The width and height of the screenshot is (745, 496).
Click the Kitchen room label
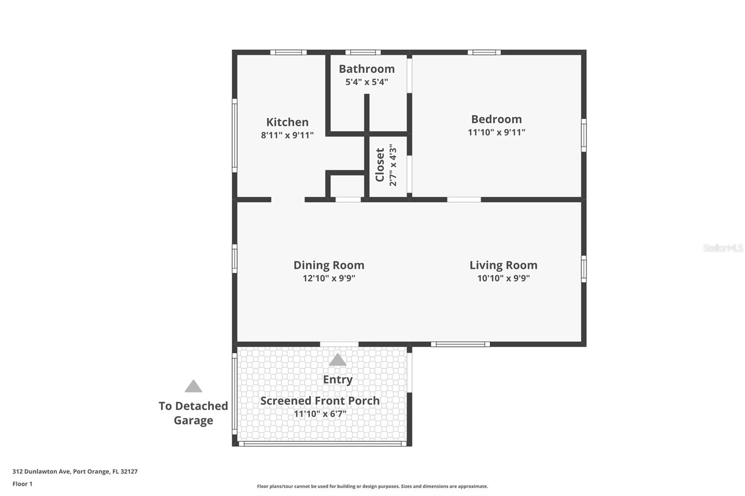click(x=287, y=122)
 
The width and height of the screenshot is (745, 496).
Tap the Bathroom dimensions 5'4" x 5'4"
click(x=366, y=82)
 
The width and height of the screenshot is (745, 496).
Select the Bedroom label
click(x=496, y=119)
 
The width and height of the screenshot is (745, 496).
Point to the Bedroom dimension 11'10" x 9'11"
click(x=496, y=132)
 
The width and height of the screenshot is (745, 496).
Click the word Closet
click(x=380, y=165)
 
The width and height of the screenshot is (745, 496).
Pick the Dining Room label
click(x=329, y=265)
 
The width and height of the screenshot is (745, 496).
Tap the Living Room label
click(x=503, y=265)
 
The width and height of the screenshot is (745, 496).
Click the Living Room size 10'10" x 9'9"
click(x=503, y=278)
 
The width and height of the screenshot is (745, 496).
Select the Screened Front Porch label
click(x=320, y=401)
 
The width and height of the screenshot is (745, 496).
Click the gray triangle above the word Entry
click(x=338, y=360)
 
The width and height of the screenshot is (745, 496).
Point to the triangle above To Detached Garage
click(x=193, y=386)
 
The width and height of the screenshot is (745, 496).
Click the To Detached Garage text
click(x=193, y=413)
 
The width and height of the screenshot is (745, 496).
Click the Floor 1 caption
click(x=22, y=484)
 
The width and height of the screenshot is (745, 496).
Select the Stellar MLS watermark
click(x=723, y=248)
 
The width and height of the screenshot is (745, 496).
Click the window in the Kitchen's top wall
click(x=288, y=52)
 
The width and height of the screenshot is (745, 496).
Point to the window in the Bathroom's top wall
click(x=363, y=52)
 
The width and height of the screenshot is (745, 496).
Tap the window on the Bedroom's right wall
click(x=584, y=135)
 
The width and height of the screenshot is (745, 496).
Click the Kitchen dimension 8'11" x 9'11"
click(x=287, y=135)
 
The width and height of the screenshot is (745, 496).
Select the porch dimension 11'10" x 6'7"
click(x=320, y=414)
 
